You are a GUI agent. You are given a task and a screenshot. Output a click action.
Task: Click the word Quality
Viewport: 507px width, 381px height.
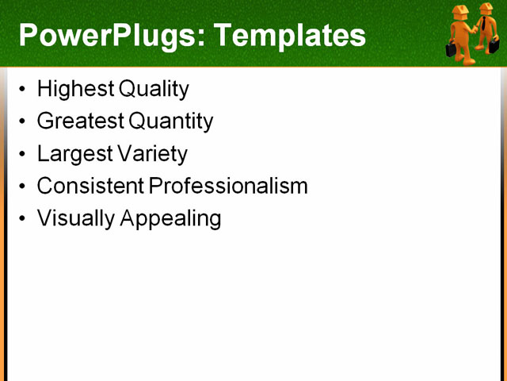(152, 89)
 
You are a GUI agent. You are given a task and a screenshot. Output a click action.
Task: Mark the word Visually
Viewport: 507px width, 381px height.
(76, 218)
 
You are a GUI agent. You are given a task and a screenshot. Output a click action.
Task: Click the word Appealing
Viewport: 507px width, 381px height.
(170, 218)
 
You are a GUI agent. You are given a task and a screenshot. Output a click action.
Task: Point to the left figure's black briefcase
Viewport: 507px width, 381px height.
(451, 50)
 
